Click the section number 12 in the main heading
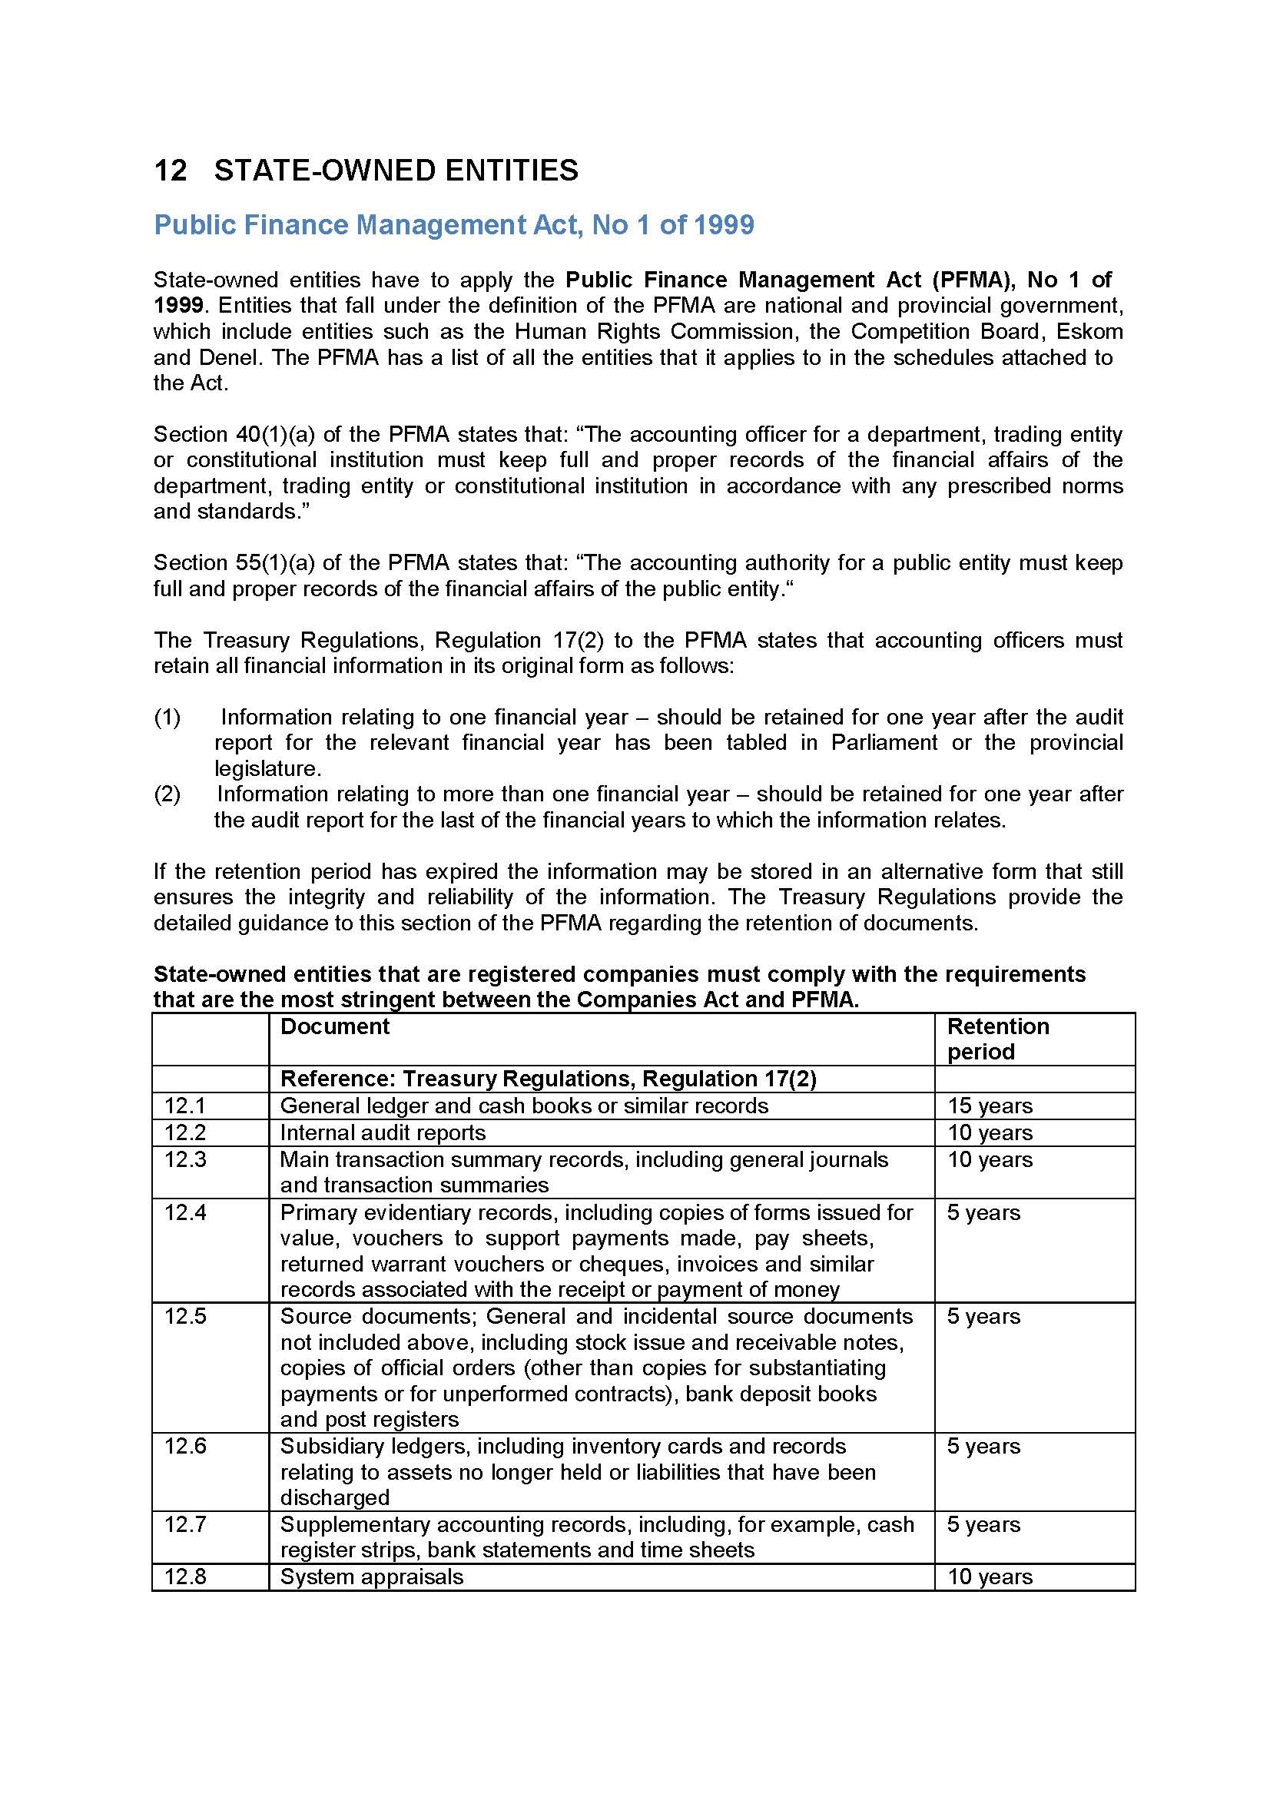click(x=171, y=171)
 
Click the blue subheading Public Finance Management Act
click(x=454, y=225)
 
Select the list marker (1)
click(x=167, y=717)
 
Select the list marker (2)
click(x=167, y=794)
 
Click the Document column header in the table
click(x=335, y=1026)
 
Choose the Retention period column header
click(x=998, y=1039)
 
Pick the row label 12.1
click(x=184, y=1105)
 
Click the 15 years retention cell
click(x=990, y=1106)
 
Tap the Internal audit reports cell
click(x=383, y=1132)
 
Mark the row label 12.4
click(x=184, y=1212)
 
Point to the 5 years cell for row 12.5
click(x=983, y=1317)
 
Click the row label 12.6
click(x=184, y=1447)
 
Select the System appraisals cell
click(x=372, y=1577)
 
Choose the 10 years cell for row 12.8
click(x=990, y=1577)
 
